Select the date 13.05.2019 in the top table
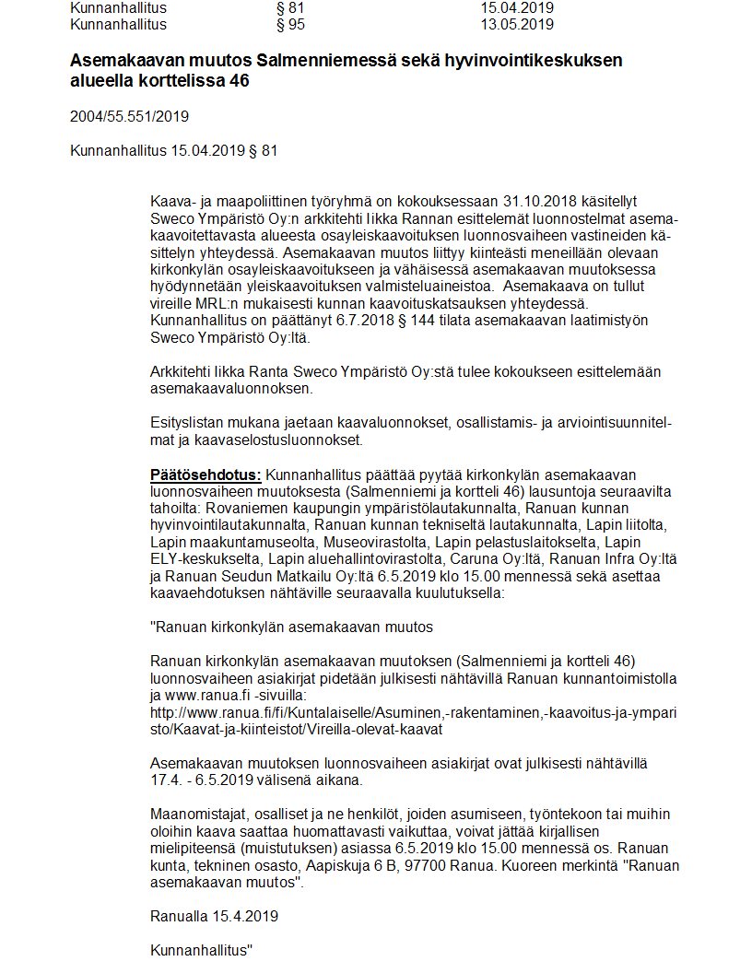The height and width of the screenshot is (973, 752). click(x=517, y=24)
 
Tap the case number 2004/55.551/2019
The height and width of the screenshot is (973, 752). click(x=129, y=116)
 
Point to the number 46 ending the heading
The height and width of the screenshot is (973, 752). click(x=238, y=81)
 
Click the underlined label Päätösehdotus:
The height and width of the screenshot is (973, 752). click(x=206, y=475)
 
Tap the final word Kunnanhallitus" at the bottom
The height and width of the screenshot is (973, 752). click(x=202, y=948)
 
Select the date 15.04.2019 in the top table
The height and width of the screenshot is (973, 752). click(x=517, y=8)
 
